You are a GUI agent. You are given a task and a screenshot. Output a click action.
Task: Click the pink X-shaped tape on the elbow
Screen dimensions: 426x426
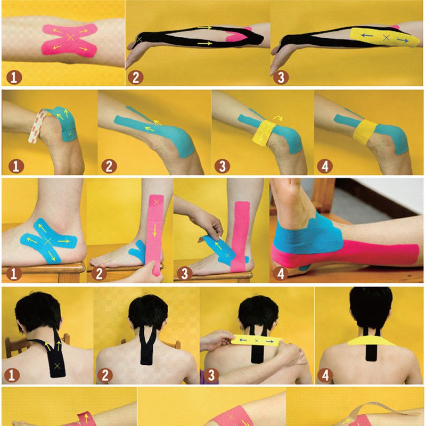70,39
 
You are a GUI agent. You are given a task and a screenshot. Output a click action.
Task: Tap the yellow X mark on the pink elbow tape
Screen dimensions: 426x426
70,37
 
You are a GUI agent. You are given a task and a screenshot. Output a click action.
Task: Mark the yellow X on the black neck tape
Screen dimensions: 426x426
56,365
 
